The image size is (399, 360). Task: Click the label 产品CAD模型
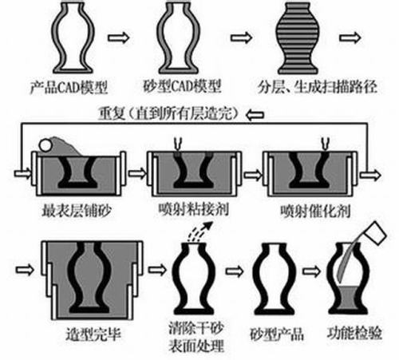point(69,87)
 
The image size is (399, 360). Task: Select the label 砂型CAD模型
point(182,86)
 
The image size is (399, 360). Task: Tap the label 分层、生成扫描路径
point(317,86)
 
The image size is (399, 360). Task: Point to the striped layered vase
point(298,38)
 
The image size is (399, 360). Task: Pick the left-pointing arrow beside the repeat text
point(255,115)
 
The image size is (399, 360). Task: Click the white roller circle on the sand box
point(45,145)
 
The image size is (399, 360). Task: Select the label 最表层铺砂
point(77,211)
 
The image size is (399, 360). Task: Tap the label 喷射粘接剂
point(194,209)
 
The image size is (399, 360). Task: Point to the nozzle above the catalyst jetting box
point(326,144)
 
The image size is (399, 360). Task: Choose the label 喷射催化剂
point(315,211)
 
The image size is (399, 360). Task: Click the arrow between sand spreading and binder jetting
point(137,173)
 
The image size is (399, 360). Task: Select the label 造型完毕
point(93,334)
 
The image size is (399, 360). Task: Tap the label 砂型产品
point(277,334)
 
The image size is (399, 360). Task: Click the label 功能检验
point(354,333)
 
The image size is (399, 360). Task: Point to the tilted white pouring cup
point(375,233)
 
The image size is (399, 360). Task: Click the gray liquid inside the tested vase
point(348,298)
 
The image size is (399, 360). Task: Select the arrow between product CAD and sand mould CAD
point(118,38)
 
